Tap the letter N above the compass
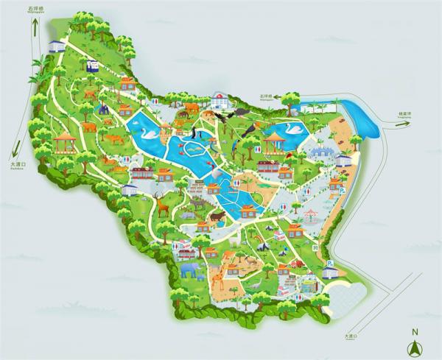click(415, 331)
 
